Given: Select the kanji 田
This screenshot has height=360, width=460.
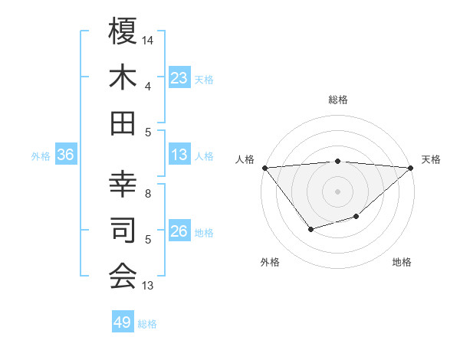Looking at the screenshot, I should click(123, 123).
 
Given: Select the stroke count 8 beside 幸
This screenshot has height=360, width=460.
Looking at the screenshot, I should click(148, 194).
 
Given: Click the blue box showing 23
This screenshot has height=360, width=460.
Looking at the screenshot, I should click(179, 78).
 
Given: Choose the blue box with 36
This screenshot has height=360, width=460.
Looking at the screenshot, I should click(66, 155).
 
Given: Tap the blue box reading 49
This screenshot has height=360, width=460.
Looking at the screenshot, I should click(123, 322).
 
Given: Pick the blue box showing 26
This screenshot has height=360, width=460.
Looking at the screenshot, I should click(179, 231).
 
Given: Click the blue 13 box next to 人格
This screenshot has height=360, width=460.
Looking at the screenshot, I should click(179, 155).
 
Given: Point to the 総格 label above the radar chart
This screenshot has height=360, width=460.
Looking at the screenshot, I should click(338, 100).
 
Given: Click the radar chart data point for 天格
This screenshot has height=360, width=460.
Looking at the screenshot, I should click(412, 168).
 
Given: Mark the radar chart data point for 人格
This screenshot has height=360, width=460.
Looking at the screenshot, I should click(264, 168).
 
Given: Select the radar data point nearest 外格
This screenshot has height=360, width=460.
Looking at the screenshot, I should click(310, 229).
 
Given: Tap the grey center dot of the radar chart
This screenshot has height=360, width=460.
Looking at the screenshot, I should click(338, 191).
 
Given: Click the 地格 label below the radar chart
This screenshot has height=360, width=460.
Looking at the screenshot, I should click(402, 262).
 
